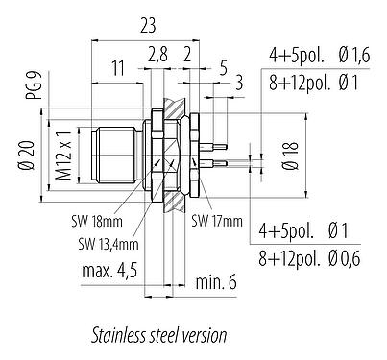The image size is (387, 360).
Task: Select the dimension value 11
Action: pos(117,69)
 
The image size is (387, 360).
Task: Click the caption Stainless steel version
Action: pos(158,336)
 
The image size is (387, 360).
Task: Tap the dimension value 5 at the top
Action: pos(223,68)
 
